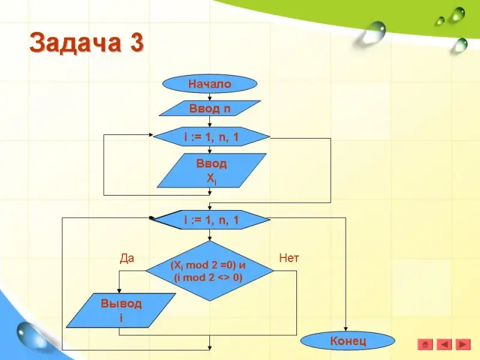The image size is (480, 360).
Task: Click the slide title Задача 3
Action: pyautogui.click(x=87, y=43)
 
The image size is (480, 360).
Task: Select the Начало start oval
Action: pyautogui.click(x=209, y=84)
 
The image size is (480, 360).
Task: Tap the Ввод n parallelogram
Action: pyautogui.click(x=209, y=109)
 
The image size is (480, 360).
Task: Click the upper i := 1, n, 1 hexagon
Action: pyautogui.click(x=211, y=137)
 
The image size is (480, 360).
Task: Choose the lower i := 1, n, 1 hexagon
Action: pyautogui.click(x=211, y=220)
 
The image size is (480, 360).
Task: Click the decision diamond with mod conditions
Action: pyautogui.click(x=209, y=271)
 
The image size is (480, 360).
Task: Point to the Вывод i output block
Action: pyautogui.click(x=121, y=310)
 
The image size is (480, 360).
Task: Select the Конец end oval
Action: pyautogui.click(x=347, y=341)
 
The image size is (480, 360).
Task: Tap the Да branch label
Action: pyautogui.click(x=127, y=259)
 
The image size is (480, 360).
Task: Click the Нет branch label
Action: pyautogui.click(x=289, y=259)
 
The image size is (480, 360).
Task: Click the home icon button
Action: pyautogui.click(x=425, y=344)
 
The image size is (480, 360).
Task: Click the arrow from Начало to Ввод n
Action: pyautogui.click(x=209, y=96)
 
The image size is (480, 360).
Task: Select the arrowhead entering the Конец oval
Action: pyautogui.click(x=347, y=329)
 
